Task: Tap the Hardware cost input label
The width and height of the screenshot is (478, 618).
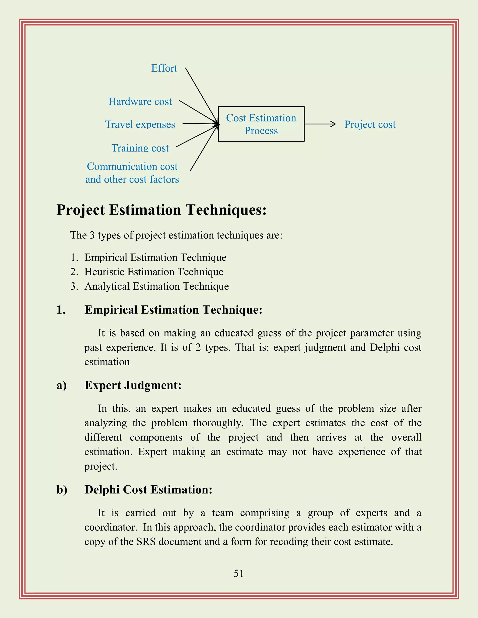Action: pos(140,102)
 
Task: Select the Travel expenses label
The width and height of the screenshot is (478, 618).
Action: pos(140,125)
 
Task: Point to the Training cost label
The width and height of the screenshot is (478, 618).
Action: pos(140,148)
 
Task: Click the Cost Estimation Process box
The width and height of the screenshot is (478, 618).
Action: pos(261,124)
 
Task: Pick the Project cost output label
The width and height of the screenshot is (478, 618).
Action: pos(370,125)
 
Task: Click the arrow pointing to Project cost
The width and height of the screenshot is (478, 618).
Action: pos(320,124)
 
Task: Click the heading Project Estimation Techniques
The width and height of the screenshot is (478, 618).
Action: pos(162,210)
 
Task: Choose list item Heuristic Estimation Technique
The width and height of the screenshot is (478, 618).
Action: pos(154,272)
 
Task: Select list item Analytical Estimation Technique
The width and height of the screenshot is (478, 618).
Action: pos(157,286)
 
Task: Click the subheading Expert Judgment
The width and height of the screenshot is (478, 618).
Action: pos(133,385)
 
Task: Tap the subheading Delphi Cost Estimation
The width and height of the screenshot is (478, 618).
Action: pos(148,490)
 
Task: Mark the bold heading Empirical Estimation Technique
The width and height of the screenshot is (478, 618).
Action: pos(173,310)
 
